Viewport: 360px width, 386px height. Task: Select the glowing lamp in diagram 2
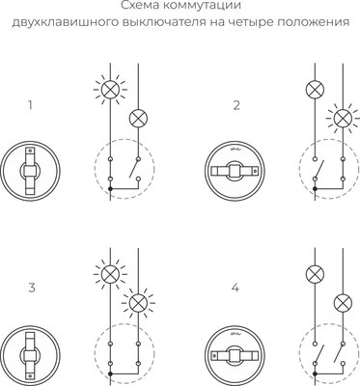tap(341, 118)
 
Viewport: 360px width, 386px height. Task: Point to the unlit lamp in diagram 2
tap(313, 89)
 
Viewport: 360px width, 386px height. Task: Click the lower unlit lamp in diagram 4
tap(341, 303)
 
